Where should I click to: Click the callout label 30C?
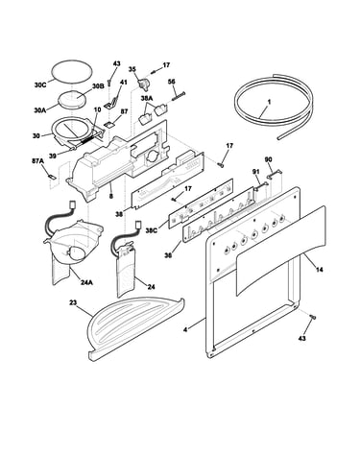(40, 85)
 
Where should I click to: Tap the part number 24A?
(86, 282)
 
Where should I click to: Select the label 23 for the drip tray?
(73, 302)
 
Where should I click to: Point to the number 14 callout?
(319, 270)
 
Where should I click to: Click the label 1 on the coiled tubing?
(269, 102)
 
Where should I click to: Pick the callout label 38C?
(152, 230)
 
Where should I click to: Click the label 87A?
(37, 161)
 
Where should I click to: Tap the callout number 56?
(172, 82)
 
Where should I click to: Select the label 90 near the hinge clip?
(268, 159)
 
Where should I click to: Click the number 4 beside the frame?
(185, 328)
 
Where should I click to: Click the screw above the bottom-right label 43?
(313, 317)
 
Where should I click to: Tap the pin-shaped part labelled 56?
(179, 96)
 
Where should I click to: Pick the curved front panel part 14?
(280, 251)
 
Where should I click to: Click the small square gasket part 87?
(109, 125)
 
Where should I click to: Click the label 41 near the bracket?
(123, 83)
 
